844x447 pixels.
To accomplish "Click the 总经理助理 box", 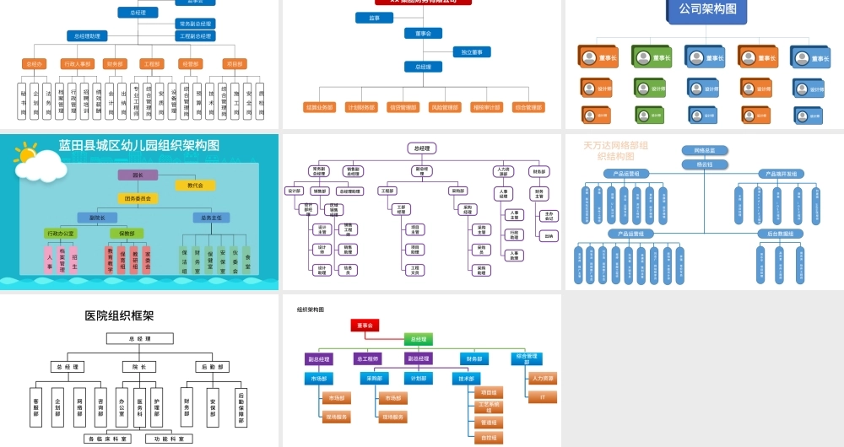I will pos(87,36).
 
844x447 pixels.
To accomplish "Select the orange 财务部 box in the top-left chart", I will pos(116,63).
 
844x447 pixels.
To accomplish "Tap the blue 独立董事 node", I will pos(471,52).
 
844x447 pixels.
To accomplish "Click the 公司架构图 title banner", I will pos(707,9).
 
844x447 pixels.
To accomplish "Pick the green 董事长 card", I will pos(652,57).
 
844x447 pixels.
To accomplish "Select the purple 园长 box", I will pos(138,175).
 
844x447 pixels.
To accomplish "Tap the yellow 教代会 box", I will pos(195,185).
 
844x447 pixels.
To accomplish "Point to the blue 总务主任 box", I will pos(205,217).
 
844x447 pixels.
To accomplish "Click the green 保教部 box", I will pos(127,233).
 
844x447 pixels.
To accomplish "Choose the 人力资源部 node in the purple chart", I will pos(503,171).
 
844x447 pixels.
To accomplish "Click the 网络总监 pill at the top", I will pos(705,151).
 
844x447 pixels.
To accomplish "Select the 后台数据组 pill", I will pos(780,234).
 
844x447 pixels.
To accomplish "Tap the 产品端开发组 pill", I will pos(780,174).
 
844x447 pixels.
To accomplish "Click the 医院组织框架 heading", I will pos(119,315).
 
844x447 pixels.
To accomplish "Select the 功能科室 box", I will pos(168,439).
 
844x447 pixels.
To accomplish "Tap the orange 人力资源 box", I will pos(543,379).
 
